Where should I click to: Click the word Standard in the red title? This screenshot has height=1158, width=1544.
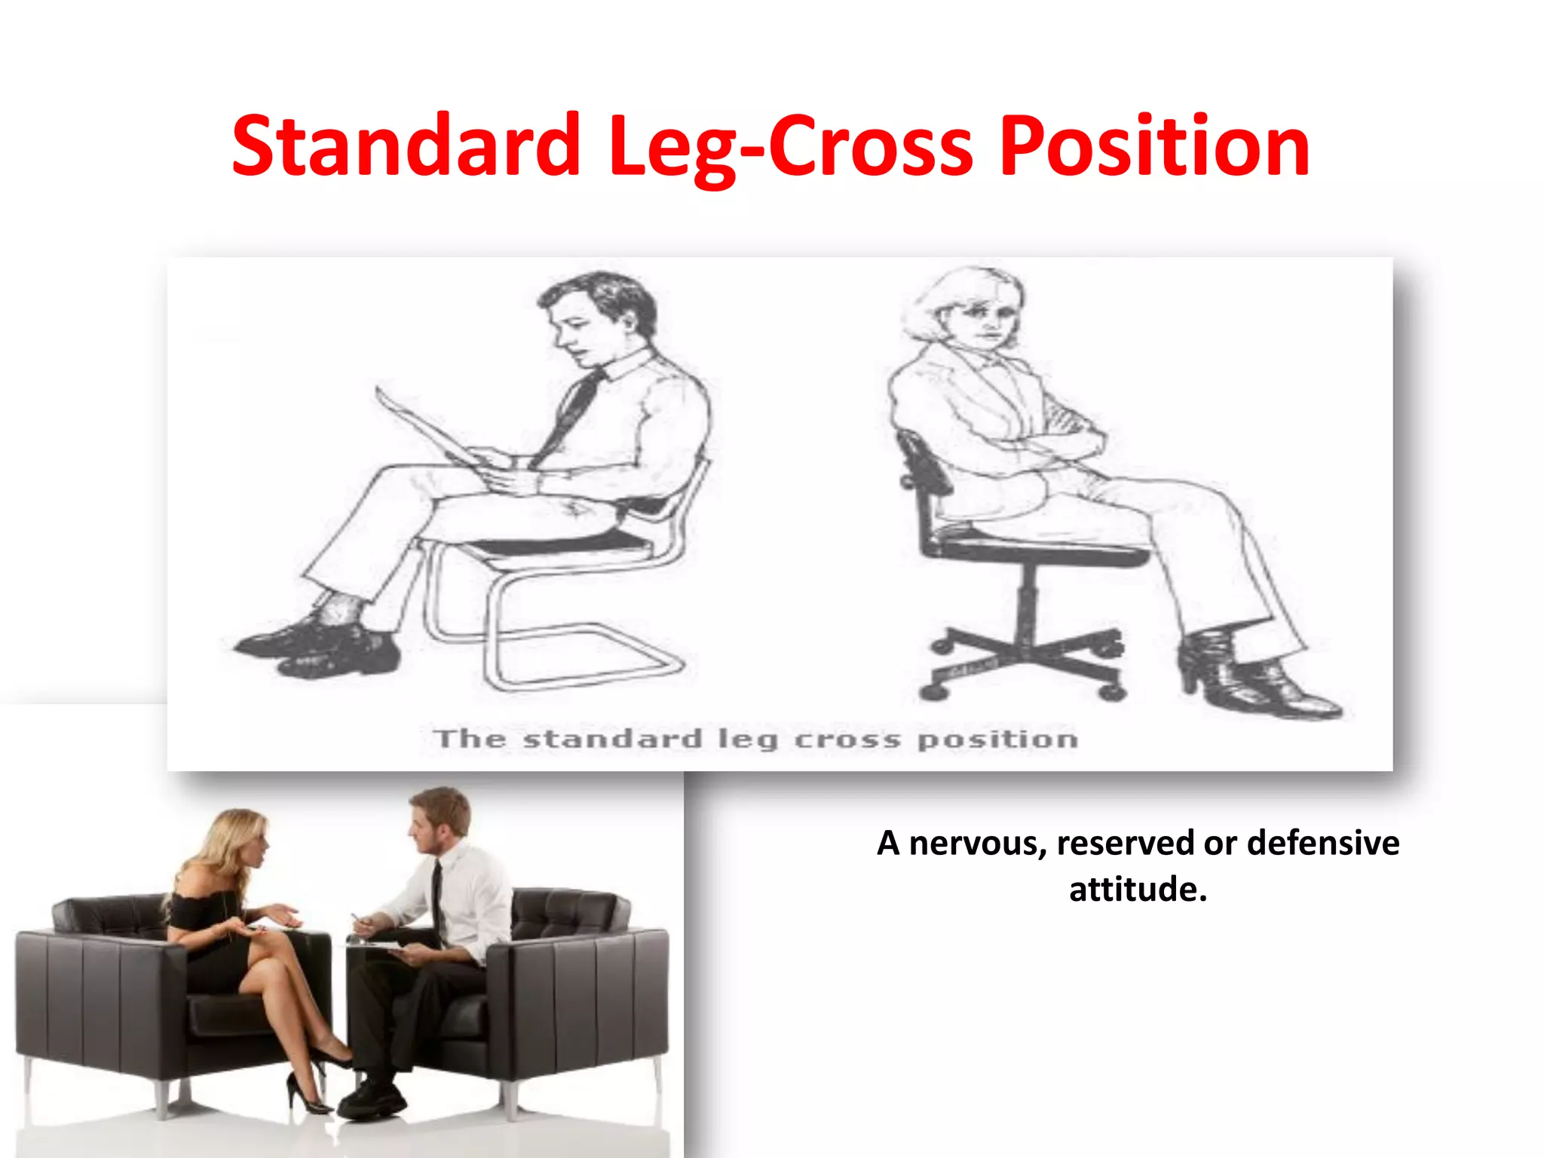coord(406,146)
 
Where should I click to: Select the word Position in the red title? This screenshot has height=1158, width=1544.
coord(1154,146)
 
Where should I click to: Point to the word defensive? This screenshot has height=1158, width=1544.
coord(1323,842)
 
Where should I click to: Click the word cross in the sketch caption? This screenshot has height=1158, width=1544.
coord(847,739)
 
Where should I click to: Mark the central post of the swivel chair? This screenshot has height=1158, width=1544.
coord(1027,603)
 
